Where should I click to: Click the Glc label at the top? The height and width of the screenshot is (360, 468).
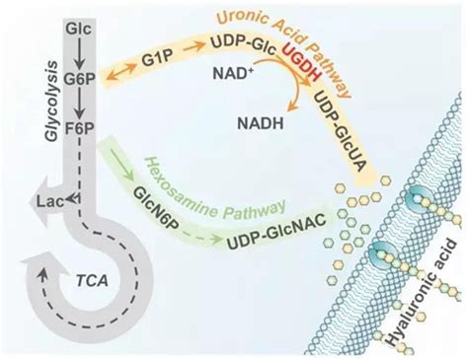(78, 29)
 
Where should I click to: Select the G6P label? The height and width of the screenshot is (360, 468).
(80, 79)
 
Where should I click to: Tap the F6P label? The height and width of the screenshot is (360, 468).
(80, 127)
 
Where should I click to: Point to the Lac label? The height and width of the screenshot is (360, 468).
(50, 201)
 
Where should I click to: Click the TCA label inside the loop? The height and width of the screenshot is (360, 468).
(92, 280)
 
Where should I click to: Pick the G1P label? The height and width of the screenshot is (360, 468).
(157, 58)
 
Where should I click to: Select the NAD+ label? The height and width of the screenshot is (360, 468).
(233, 72)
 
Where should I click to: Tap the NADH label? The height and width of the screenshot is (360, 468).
(261, 123)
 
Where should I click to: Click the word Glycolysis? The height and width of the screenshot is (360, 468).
(52, 101)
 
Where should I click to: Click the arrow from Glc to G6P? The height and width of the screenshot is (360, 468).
(79, 54)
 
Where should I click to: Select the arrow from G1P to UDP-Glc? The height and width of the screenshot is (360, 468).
(194, 48)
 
